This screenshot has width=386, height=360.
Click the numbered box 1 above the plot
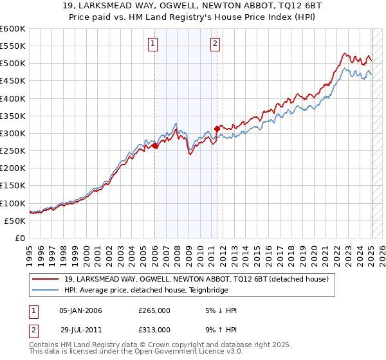153,44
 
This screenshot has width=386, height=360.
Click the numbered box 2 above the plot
215,44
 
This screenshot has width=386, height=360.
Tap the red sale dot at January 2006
155,146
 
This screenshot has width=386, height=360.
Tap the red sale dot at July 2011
217,129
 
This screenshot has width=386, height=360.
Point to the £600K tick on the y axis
13,29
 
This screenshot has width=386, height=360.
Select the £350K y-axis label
13,116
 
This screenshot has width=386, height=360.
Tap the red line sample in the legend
45,279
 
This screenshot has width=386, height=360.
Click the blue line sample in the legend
45,291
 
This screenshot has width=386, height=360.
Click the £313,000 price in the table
154,329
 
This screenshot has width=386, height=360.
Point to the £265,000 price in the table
154,310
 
